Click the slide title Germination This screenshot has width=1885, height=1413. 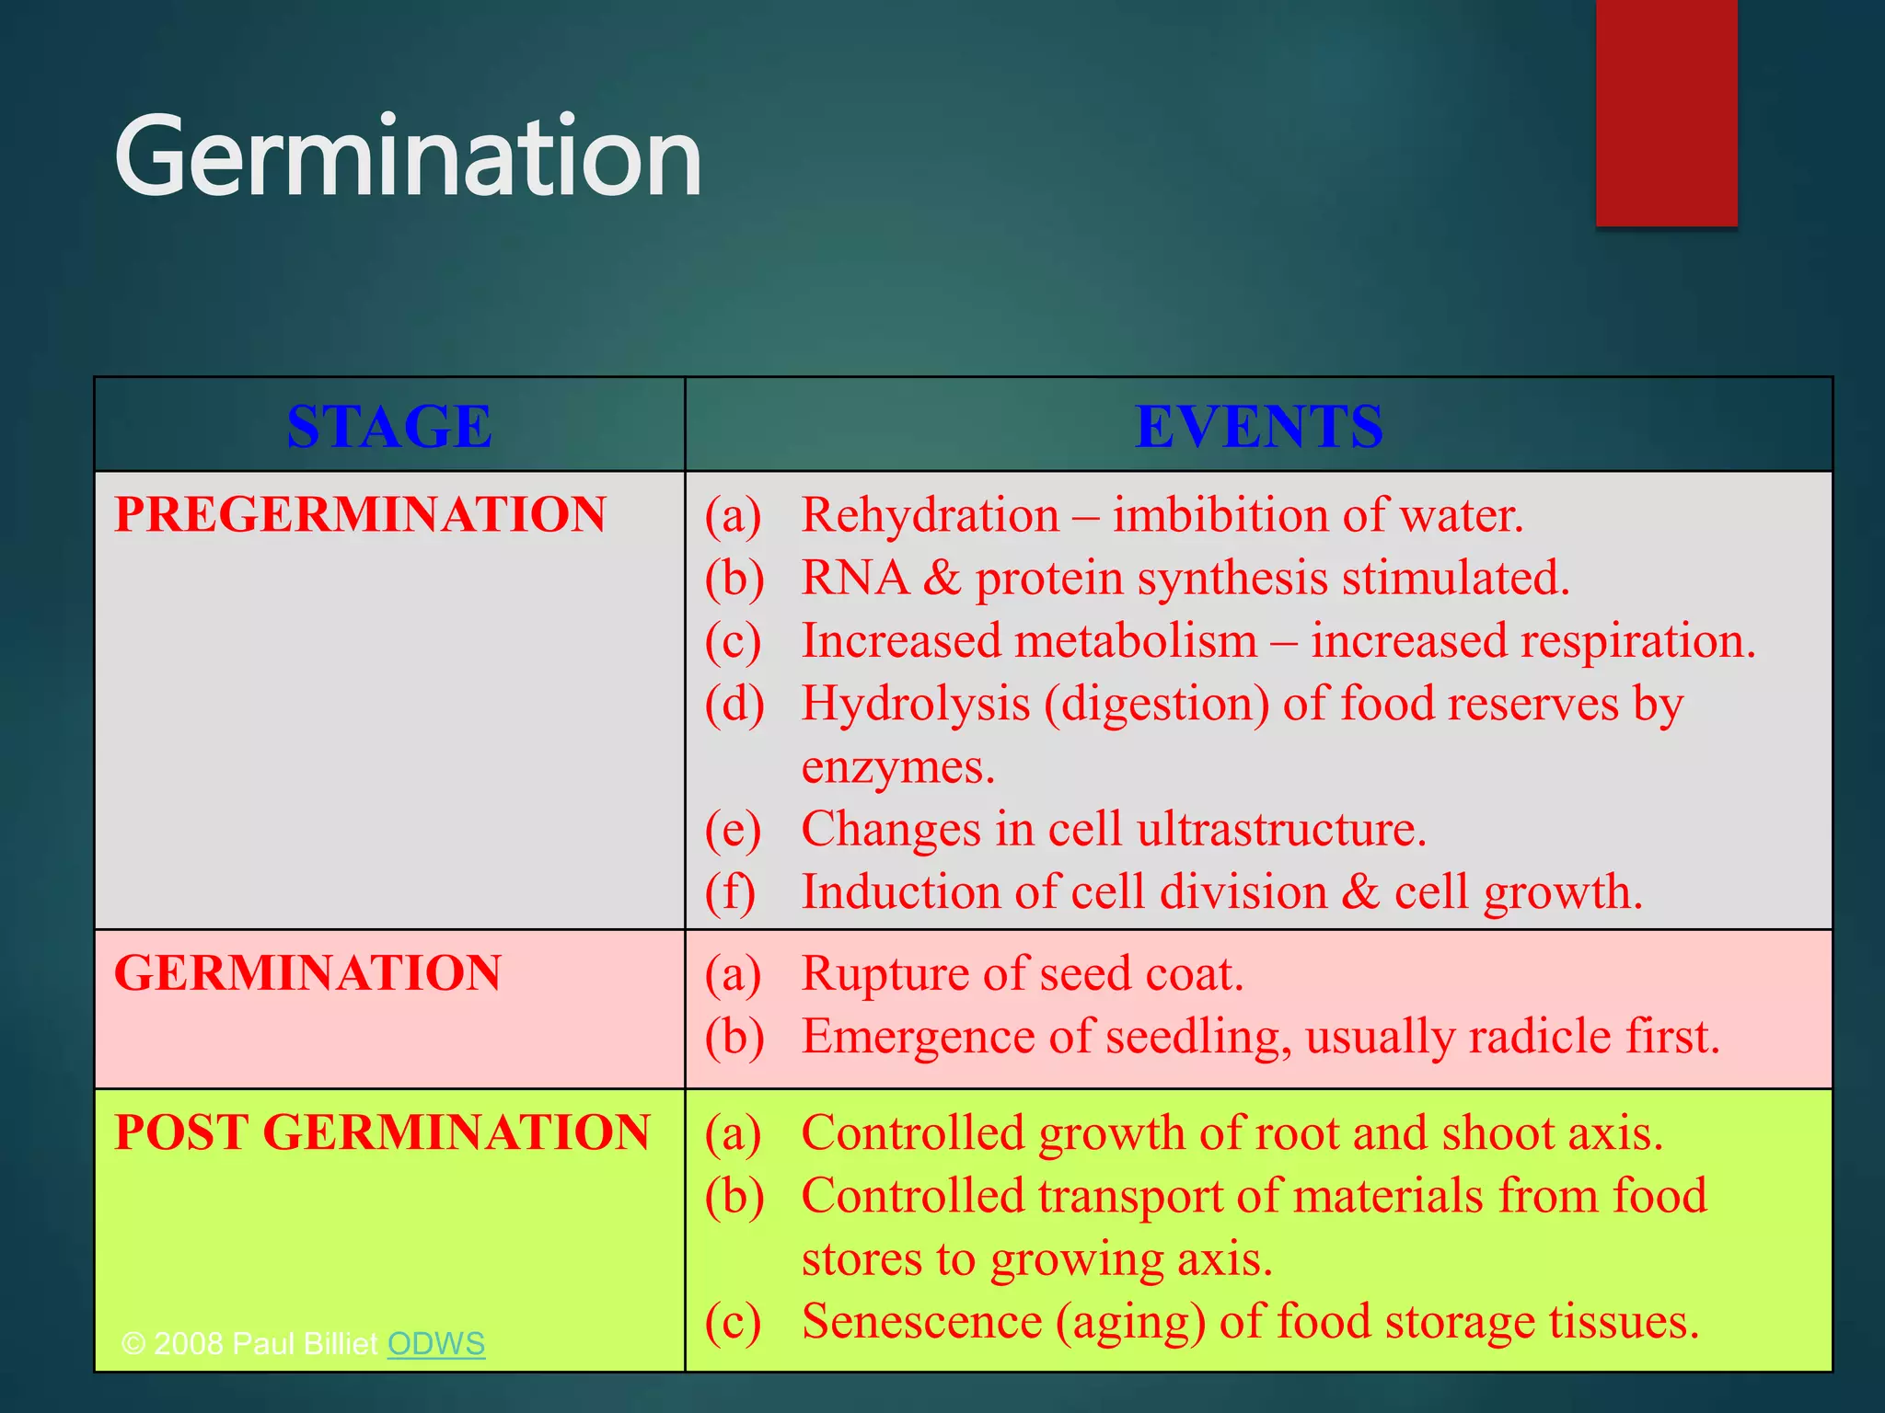tap(408, 156)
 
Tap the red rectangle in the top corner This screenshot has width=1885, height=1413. tap(1666, 112)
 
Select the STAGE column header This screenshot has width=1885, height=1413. tap(389, 426)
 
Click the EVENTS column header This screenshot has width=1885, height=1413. tap(1258, 426)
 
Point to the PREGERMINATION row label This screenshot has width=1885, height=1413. tap(360, 513)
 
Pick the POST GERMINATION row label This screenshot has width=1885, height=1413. tap(382, 1132)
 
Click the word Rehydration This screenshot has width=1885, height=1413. tap(931, 514)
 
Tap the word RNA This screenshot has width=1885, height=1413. tap(854, 578)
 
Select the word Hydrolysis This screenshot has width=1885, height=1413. tap(916, 704)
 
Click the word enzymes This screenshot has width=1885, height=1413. tap(897, 767)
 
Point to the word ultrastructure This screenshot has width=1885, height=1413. tap(1280, 829)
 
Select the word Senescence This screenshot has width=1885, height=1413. tap(921, 1321)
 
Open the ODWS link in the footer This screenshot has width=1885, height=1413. tap(435, 1343)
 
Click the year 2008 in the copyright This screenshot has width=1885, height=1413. tap(189, 1343)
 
